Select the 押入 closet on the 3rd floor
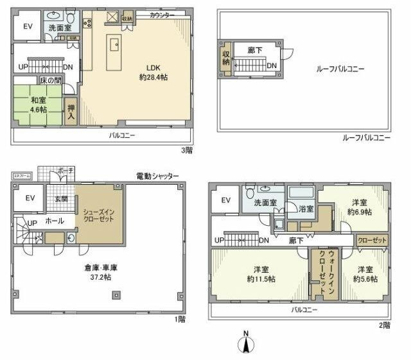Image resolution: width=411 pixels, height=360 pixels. click(x=71, y=113)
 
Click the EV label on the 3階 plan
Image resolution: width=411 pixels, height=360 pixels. click(x=28, y=26)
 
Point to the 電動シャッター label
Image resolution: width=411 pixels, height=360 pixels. click(x=157, y=176)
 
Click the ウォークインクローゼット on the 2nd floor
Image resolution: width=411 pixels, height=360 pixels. click(x=318, y=273)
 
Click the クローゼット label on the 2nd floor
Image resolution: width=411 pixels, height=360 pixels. click(x=372, y=240)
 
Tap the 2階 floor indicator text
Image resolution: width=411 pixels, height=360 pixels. click(x=384, y=325)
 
